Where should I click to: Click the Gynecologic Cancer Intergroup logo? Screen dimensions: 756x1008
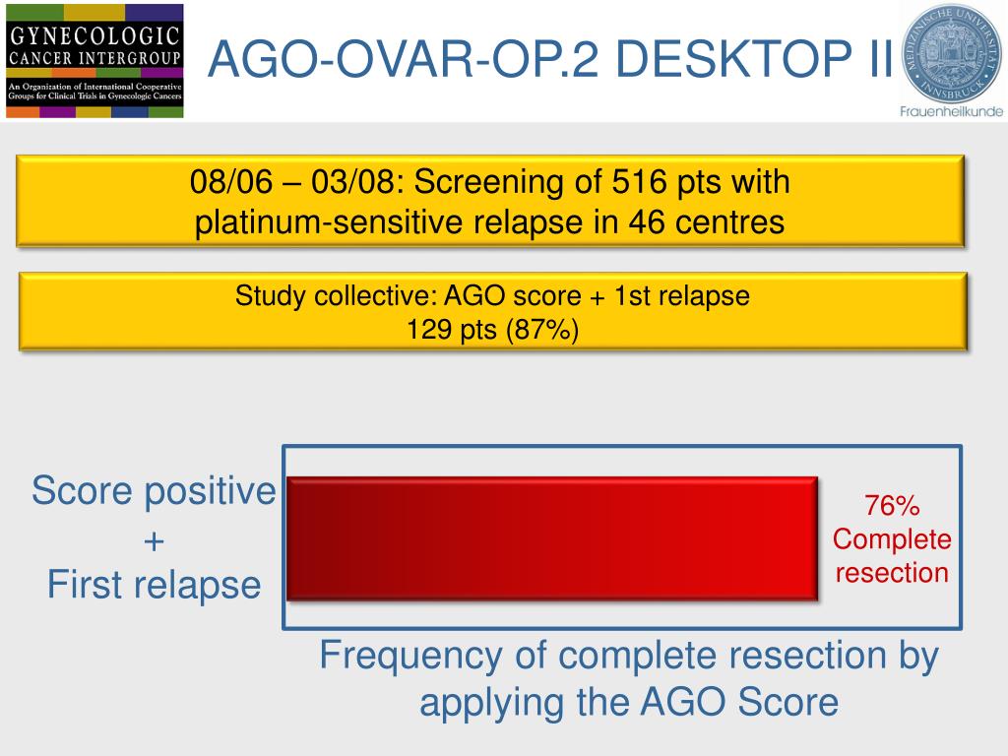tap(94, 60)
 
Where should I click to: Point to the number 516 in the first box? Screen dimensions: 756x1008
tap(641, 183)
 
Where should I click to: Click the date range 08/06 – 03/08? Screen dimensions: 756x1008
tap(290, 183)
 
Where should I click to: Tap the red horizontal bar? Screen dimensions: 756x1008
tap(552, 538)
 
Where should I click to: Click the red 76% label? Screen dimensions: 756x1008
tap(892, 507)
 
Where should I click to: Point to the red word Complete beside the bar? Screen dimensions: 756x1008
tap(892, 539)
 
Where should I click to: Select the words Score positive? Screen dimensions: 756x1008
tap(154, 490)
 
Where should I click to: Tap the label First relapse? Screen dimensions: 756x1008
tap(154, 586)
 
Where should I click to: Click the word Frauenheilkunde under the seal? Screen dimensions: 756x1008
tap(951, 111)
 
